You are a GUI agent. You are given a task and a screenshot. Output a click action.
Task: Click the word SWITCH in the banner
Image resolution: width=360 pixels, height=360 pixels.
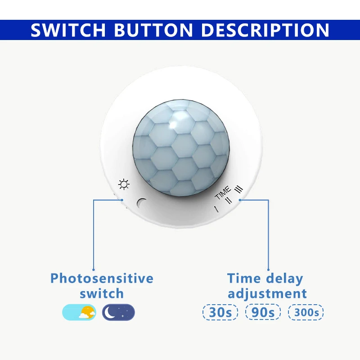pos(68,30)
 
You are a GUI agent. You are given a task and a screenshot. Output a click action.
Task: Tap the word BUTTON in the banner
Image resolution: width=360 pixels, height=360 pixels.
pos(153,30)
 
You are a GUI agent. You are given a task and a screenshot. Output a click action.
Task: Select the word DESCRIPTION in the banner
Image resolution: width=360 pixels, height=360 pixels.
pos(265,30)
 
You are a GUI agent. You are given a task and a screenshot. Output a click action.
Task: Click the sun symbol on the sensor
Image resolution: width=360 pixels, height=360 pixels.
pos(124,184)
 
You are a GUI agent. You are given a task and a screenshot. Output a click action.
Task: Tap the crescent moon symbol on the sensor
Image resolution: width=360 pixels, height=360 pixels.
pos(141,203)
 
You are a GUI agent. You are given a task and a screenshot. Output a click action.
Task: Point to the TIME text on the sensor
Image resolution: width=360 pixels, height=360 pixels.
pos(223,193)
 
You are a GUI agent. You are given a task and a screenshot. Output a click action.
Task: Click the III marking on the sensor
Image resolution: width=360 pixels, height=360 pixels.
pos(238,189)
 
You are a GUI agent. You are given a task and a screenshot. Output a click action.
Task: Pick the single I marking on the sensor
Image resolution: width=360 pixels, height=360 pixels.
pos(216,209)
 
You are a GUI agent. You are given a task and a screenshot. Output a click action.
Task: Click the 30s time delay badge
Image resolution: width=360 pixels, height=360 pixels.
pos(220,312)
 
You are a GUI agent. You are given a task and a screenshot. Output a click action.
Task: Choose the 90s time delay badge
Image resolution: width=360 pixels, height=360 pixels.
pos(263,312)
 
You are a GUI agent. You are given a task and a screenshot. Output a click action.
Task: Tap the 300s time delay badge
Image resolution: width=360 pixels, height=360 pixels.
pos(306,312)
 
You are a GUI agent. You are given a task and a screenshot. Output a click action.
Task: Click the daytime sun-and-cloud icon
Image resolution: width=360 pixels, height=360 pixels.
pos(79,312)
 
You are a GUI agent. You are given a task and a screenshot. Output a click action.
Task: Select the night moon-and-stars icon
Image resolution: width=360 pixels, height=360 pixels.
pos(118,312)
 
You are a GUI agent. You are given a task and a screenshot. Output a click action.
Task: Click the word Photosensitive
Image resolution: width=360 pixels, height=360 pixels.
pos(102,278)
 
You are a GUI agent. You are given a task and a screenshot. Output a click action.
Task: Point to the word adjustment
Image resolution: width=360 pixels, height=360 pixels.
pos(267,294)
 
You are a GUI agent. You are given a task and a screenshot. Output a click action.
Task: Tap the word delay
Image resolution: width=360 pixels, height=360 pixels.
pos(285,279)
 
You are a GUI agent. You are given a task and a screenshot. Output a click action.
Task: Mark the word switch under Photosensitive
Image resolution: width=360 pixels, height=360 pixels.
pos(102,293)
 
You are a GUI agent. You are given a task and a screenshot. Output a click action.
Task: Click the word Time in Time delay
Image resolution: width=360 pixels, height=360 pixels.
pos(244,278)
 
